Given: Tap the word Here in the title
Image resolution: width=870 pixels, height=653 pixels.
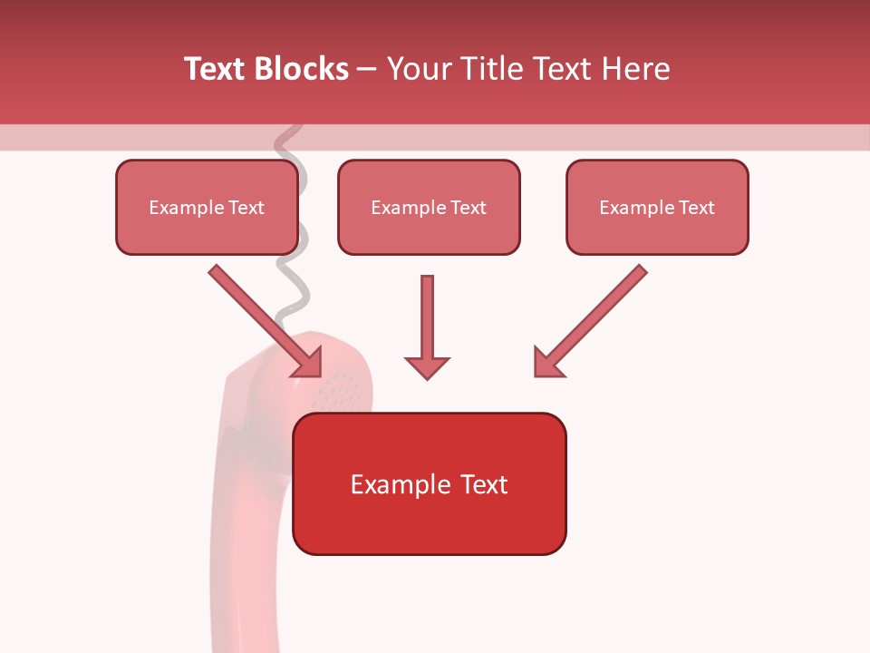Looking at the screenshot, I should pyautogui.click(x=633, y=69).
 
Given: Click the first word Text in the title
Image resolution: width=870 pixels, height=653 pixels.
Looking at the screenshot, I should pyautogui.click(x=216, y=69).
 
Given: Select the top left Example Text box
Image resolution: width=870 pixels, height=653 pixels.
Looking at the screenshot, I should pyautogui.click(x=207, y=207).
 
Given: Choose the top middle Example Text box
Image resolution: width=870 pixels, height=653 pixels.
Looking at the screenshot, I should pyautogui.click(x=429, y=207).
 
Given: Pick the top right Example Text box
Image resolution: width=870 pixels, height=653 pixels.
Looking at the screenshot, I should pyautogui.click(x=657, y=207).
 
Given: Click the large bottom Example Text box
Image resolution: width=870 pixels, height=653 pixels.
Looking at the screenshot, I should pyautogui.click(x=429, y=483).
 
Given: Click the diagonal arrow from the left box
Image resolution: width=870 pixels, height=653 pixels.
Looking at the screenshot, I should pyautogui.click(x=263, y=318).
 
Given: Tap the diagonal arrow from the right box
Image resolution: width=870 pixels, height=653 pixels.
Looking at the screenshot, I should pyautogui.click(x=594, y=318).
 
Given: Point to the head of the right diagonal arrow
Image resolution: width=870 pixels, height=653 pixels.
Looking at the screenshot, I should pyautogui.click(x=546, y=363).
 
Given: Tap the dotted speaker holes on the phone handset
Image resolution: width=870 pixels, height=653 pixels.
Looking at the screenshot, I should pyautogui.click(x=340, y=390).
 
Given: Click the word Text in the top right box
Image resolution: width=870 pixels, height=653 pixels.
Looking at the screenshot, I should pyautogui.click(x=697, y=207).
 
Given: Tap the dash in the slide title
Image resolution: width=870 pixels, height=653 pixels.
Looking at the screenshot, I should pyautogui.click(x=367, y=69).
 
